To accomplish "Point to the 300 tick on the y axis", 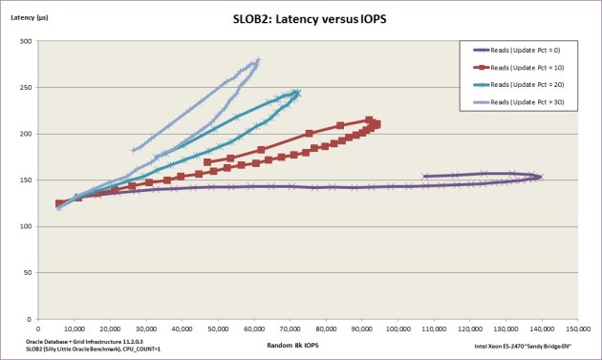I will coord(26,41).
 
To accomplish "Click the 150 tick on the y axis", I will coord(26,180).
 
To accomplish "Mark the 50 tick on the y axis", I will coord(28,273).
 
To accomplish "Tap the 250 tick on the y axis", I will coord(26,88).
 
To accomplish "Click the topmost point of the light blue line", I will coord(257,59).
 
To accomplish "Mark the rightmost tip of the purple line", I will coord(541,177).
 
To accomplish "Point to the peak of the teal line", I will coord(297,92).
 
